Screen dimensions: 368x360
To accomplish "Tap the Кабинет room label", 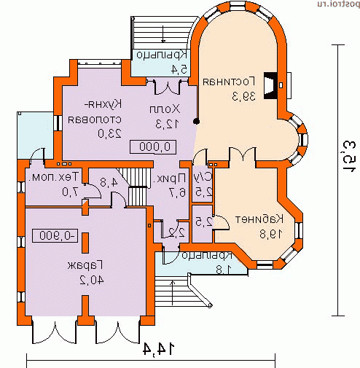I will pos(258,219).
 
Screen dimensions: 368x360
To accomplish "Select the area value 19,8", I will pos(258,233).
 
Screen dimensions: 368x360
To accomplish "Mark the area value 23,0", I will pos(108,133).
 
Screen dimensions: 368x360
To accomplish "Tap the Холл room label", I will pos(168,109).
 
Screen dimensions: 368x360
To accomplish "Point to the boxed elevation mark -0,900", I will pos(55,235).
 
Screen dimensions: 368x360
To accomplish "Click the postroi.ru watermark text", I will pos(334,5).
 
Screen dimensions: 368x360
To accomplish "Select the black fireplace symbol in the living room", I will pos(270,86).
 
